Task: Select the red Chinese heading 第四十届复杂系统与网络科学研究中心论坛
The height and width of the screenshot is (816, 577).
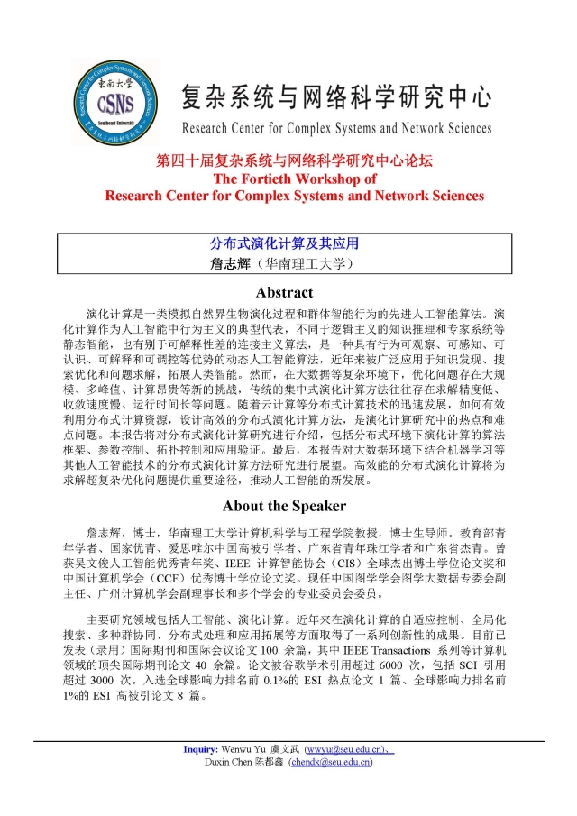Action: [294, 161]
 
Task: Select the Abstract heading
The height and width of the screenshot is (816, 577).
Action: [284, 292]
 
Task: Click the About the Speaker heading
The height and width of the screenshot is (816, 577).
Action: [284, 505]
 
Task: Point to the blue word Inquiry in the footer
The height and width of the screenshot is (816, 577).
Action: [201, 750]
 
